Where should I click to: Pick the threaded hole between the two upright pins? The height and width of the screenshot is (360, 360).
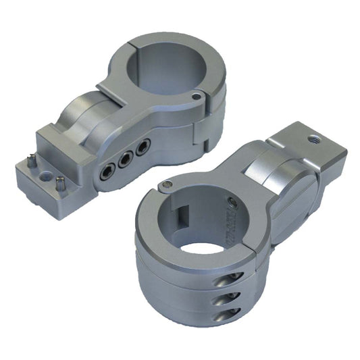click(x=46, y=174)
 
